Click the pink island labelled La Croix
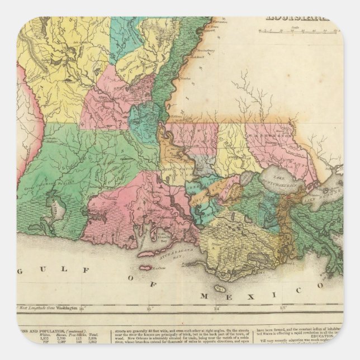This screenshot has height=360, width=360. [x=146, y=267]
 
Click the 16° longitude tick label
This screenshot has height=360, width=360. [x=82, y=307]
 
